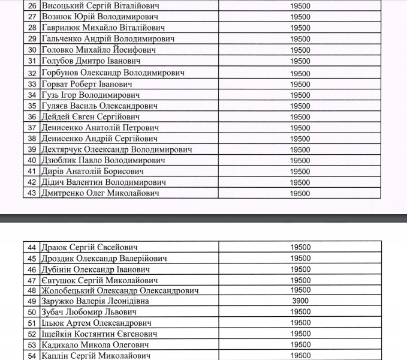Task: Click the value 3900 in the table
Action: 300,301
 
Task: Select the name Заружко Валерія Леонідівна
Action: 95,301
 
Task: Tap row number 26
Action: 32,5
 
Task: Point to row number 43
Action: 32,193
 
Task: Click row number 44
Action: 32,247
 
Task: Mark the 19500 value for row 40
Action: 300,161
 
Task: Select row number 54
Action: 32,356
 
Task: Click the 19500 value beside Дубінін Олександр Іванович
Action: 300,269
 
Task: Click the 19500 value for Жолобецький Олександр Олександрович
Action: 300,290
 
